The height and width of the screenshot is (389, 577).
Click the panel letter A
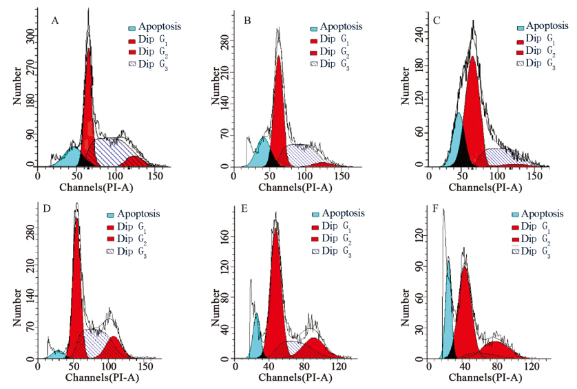tap(55, 21)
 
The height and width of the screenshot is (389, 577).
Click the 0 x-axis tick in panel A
tap(38, 177)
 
